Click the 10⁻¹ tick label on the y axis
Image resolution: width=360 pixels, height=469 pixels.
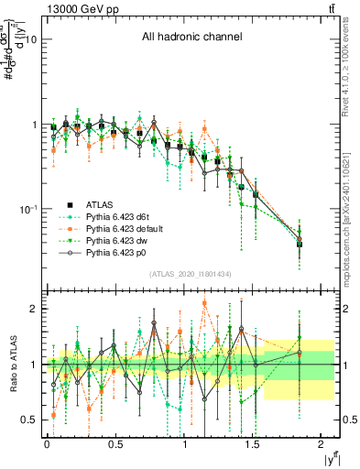[27, 209]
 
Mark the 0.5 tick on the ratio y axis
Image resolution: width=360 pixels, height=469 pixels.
[28, 420]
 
